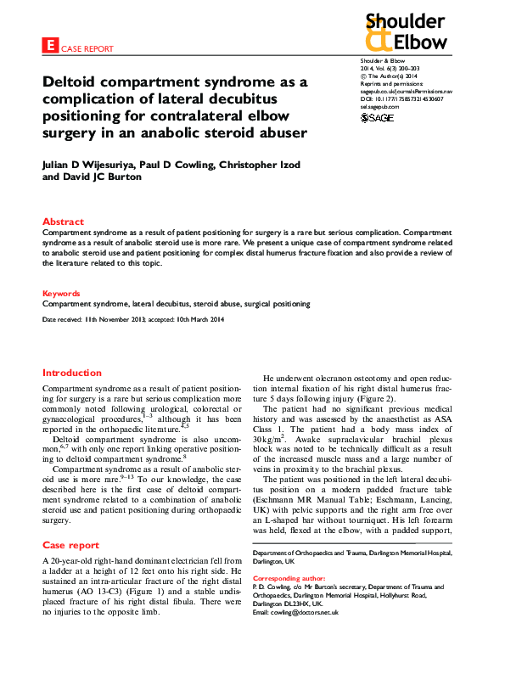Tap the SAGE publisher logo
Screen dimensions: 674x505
[x=377, y=117]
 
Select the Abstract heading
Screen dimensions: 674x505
[x=63, y=222]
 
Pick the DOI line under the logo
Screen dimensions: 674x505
[x=401, y=98]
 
